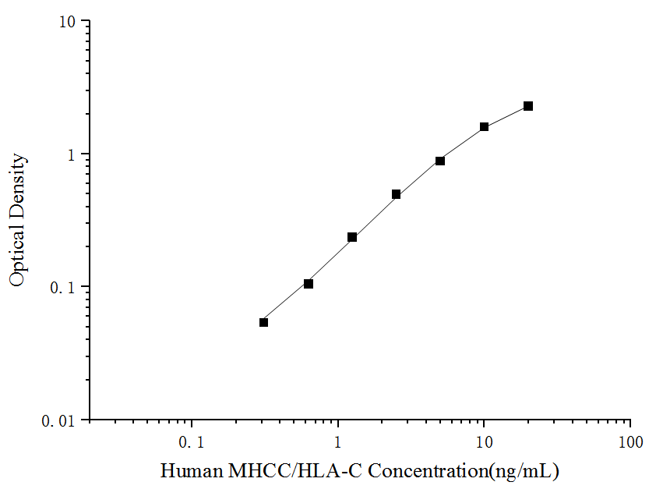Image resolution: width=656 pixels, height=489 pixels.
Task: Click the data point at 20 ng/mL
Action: [528, 106]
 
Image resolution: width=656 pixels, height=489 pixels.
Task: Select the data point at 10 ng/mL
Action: [484, 126]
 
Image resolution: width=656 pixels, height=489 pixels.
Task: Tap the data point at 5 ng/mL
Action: [440, 161]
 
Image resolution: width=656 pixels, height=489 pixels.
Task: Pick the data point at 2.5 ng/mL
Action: [396, 194]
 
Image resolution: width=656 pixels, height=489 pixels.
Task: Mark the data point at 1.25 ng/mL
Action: [352, 237]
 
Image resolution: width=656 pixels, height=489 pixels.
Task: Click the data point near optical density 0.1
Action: [309, 284]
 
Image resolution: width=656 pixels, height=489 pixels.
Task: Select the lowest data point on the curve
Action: [263, 322]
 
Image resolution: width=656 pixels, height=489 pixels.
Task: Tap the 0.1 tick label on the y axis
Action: [65, 287]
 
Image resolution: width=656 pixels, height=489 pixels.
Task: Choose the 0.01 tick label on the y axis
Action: [61, 420]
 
